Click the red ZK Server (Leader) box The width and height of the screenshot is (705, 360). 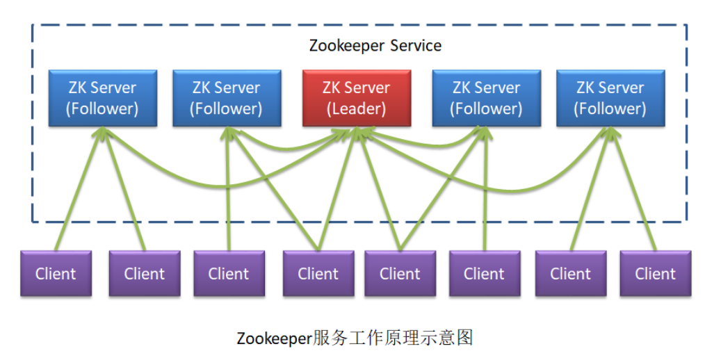[x=356, y=98]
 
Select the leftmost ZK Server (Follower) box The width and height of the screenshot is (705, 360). [x=102, y=98]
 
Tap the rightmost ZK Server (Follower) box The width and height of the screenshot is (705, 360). [x=610, y=98]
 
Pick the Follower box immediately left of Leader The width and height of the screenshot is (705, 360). [x=227, y=98]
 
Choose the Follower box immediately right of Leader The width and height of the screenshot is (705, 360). [x=486, y=98]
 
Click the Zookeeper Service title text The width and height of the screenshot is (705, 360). [x=375, y=46]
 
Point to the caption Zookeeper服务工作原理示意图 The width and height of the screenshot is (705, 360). [x=355, y=338]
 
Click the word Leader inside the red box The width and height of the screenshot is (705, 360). [x=357, y=109]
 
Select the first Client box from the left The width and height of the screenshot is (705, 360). [x=56, y=273]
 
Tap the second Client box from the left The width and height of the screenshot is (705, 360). [x=144, y=273]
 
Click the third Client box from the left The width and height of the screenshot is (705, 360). [x=229, y=273]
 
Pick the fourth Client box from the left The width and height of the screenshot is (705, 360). [x=318, y=273]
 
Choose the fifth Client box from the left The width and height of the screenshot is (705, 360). [x=400, y=273]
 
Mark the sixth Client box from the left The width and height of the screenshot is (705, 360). [x=484, y=273]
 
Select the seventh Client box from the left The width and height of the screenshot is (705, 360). [x=570, y=273]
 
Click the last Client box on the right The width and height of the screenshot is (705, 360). [x=655, y=273]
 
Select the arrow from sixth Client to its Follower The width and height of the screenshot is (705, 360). [x=485, y=195]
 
